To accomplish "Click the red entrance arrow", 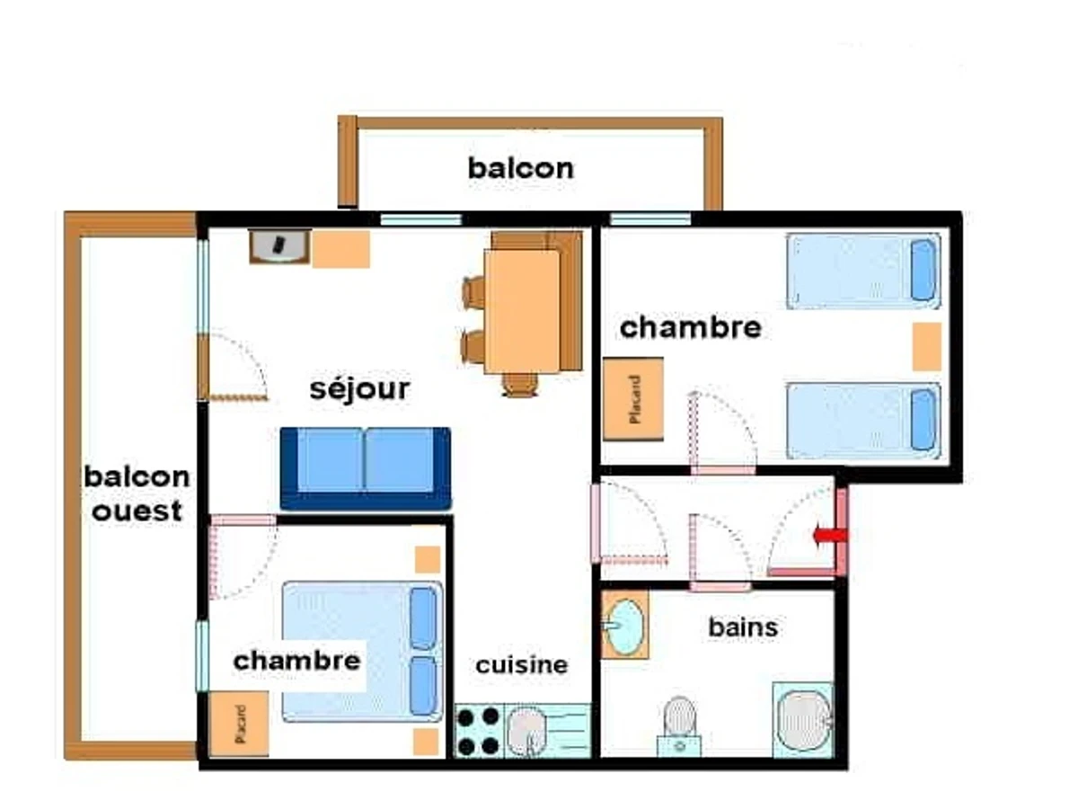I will pyautogui.click(x=829, y=537).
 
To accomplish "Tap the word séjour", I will pyautogui.click(x=359, y=389).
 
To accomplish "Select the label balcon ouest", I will pyautogui.click(x=137, y=493).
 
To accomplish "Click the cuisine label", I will pyautogui.click(x=521, y=665).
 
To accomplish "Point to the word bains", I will pyautogui.click(x=743, y=627).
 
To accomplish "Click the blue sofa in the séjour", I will pyautogui.click(x=366, y=467).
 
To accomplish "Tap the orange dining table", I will pyautogui.click(x=522, y=309).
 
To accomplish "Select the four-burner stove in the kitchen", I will pyautogui.click(x=478, y=731).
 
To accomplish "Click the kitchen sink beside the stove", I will pyautogui.click(x=527, y=731).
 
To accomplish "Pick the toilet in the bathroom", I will pyautogui.click(x=679, y=719).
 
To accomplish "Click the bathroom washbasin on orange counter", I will pyautogui.click(x=624, y=625).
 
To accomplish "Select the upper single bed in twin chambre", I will pyautogui.click(x=863, y=271).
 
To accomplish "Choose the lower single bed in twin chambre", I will pyautogui.click(x=863, y=421).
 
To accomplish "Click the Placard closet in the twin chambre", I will pyautogui.click(x=633, y=399).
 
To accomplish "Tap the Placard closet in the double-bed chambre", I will pyautogui.click(x=239, y=724).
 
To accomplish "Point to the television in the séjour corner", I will pyautogui.click(x=279, y=244).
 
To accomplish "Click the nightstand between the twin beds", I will pyautogui.click(x=926, y=347).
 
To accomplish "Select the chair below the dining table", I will pyautogui.click(x=520, y=385).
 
